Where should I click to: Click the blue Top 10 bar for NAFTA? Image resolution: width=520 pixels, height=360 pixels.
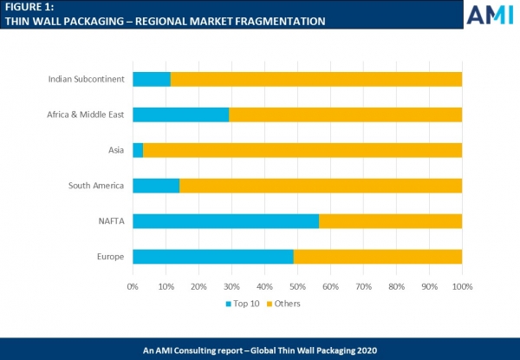[225, 221]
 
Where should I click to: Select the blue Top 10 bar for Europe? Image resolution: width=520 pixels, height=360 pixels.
[212, 256]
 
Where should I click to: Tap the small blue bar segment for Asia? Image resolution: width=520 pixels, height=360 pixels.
[138, 150]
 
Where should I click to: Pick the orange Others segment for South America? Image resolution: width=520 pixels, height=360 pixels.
[321, 186]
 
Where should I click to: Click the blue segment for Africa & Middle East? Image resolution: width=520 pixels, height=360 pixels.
[180, 115]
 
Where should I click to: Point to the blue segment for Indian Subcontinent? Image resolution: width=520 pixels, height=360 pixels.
[152, 80]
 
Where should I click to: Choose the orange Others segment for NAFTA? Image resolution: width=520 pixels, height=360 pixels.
[390, 221]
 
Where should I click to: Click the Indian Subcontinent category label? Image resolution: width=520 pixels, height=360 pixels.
[87, 80]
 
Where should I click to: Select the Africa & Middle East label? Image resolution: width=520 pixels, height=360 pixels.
[84, 115]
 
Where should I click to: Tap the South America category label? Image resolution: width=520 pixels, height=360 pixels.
[96, 186]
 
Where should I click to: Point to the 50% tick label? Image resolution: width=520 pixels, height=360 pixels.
[297, 285]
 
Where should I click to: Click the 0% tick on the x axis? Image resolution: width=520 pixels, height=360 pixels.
[133, 285]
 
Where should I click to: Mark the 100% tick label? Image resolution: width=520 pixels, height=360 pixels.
[462, 285]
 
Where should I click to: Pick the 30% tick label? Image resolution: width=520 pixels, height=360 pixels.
[231, 285]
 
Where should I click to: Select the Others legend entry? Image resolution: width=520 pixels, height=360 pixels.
[286, 304]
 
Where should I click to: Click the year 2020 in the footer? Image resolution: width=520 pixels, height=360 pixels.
[363, 350]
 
